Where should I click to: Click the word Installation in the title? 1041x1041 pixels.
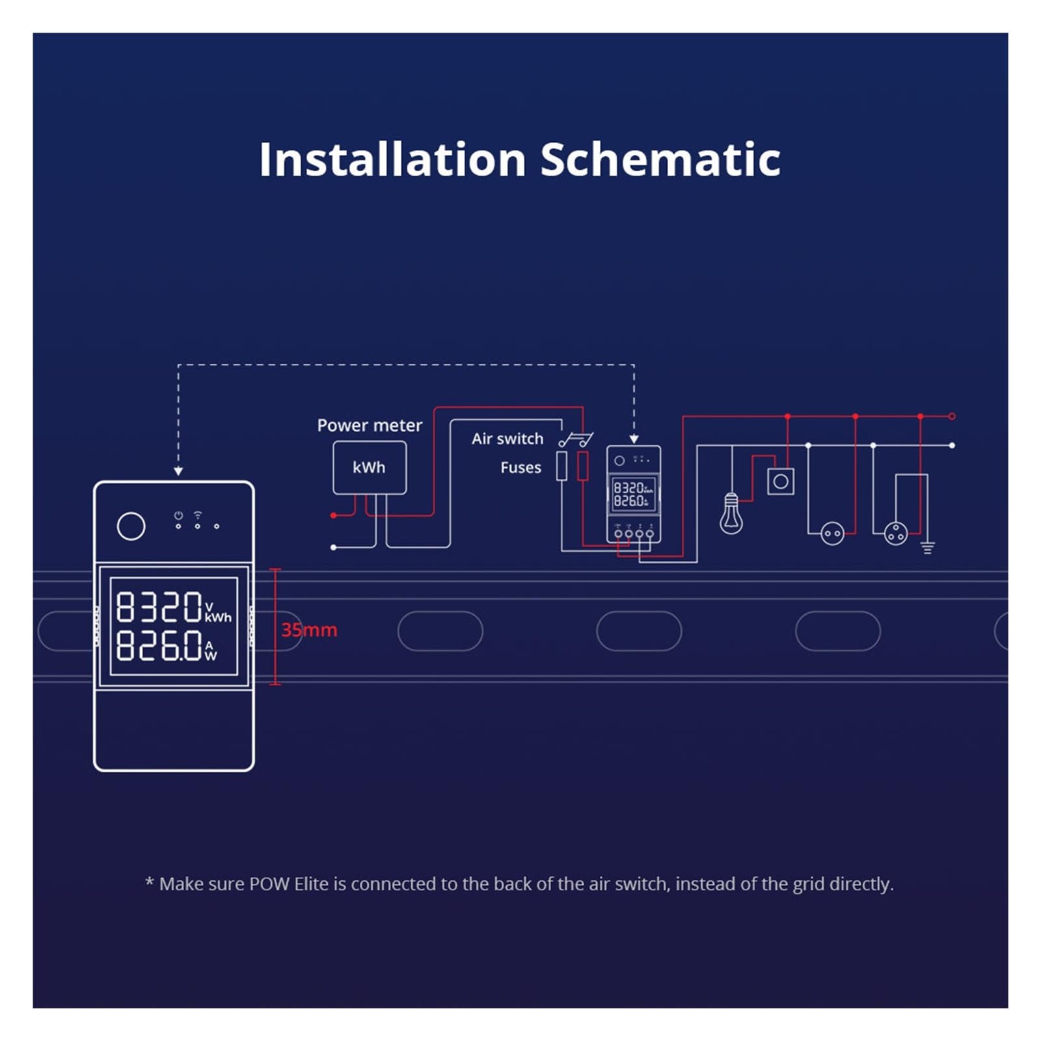(x=392, y=160)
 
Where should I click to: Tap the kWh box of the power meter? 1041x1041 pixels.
(x=370, y=468)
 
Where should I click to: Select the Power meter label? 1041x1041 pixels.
(x=370, y=426)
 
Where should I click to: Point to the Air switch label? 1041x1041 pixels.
(x=507, y=439)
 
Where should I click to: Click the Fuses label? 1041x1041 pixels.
(x=520, y=468)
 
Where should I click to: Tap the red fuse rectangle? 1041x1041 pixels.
(x=583, y=466)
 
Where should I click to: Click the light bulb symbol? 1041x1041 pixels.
(x=731, y=514)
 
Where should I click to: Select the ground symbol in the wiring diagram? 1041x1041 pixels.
(x=928, y=548)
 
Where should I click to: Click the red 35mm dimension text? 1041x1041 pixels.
(x=309, y=630)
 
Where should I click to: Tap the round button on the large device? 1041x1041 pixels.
(x=131, y=526)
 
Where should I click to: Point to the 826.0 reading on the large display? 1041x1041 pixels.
(x=159, y=645)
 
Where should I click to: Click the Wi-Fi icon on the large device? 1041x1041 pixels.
(x=198, y=515)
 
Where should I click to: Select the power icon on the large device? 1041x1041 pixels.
(x=178, y=515)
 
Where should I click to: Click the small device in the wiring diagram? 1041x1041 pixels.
(x=634, y=494)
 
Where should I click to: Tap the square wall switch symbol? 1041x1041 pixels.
(x=781, y=482)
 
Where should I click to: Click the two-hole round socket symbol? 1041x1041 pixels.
(x=832, y=534)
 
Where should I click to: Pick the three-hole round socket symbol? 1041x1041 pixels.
(x=896, y=534)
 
